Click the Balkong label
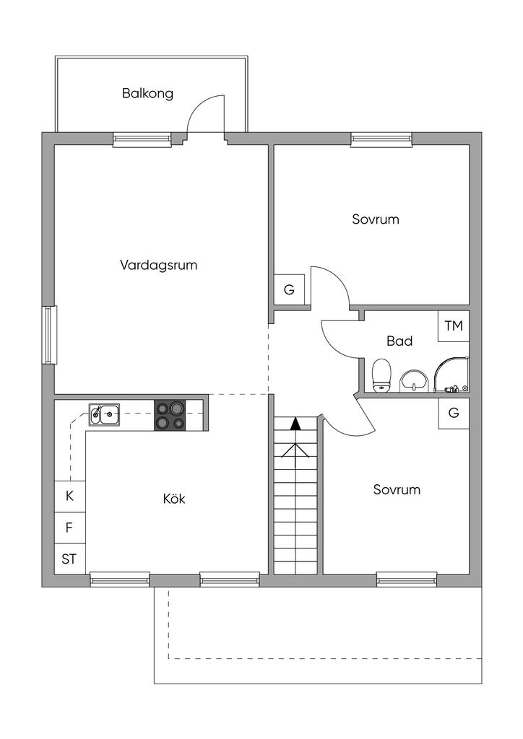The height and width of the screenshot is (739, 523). (x=147, y=93)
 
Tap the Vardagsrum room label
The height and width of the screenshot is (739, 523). (x=158, y=265)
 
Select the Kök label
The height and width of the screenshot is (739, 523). (x=174, y=498)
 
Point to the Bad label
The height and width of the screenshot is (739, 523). (x=399, y=341)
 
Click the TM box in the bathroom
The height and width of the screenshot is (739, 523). (x=454, y=325)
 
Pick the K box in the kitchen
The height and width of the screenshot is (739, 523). (x=70, y=497)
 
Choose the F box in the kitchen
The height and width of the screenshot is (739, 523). (x=70, y=528)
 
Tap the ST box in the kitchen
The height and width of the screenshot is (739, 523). (x=70, y=559)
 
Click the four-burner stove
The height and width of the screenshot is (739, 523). (x=170, y=415)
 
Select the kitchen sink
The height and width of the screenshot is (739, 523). (x=104, y=414)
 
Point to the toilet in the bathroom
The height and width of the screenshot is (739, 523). (x=381, y=375)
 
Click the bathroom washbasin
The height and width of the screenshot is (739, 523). (x=414, y=381)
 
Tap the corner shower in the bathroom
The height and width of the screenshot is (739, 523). (x=451, y=375)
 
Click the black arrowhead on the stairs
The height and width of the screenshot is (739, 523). (x=295, y=424)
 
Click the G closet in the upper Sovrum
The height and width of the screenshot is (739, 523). (x=289, y=289)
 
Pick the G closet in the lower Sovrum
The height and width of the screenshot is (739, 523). (x=454, y=414)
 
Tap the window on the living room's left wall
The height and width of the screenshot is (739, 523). (x=49, y=335)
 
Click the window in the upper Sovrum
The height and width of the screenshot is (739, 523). (x=381, y=139)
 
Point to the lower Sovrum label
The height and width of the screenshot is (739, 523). (x=397, y=490)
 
